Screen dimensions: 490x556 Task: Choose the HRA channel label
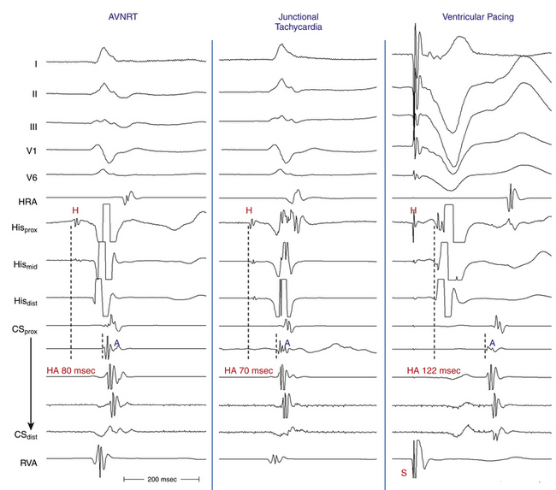[x=29, y=202]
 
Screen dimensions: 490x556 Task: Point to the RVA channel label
[x=29, y=463]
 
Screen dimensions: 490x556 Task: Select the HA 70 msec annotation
[x=249, y=370]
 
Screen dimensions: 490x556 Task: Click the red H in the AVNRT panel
[x=74, y=210]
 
